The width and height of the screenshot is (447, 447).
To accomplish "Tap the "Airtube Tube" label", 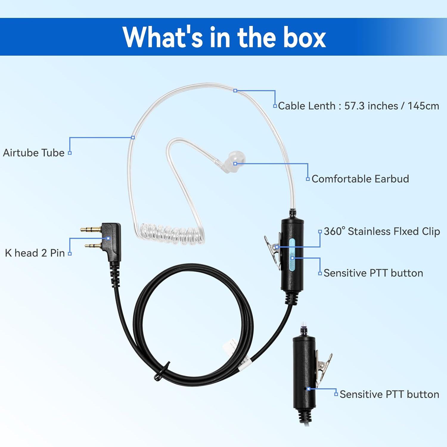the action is pos(34,153).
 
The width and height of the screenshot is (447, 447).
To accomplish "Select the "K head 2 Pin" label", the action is pos(35,253).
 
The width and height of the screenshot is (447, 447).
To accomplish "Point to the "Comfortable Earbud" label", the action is pos(360,179).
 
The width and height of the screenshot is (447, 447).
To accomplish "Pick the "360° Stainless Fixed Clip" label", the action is pos(382,231).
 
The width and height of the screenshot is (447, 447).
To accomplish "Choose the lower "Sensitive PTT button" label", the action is pos(389,394).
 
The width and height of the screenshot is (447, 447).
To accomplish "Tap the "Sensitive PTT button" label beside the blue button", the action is pos(373,273).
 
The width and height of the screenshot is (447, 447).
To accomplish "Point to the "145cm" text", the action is pos(423,106).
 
